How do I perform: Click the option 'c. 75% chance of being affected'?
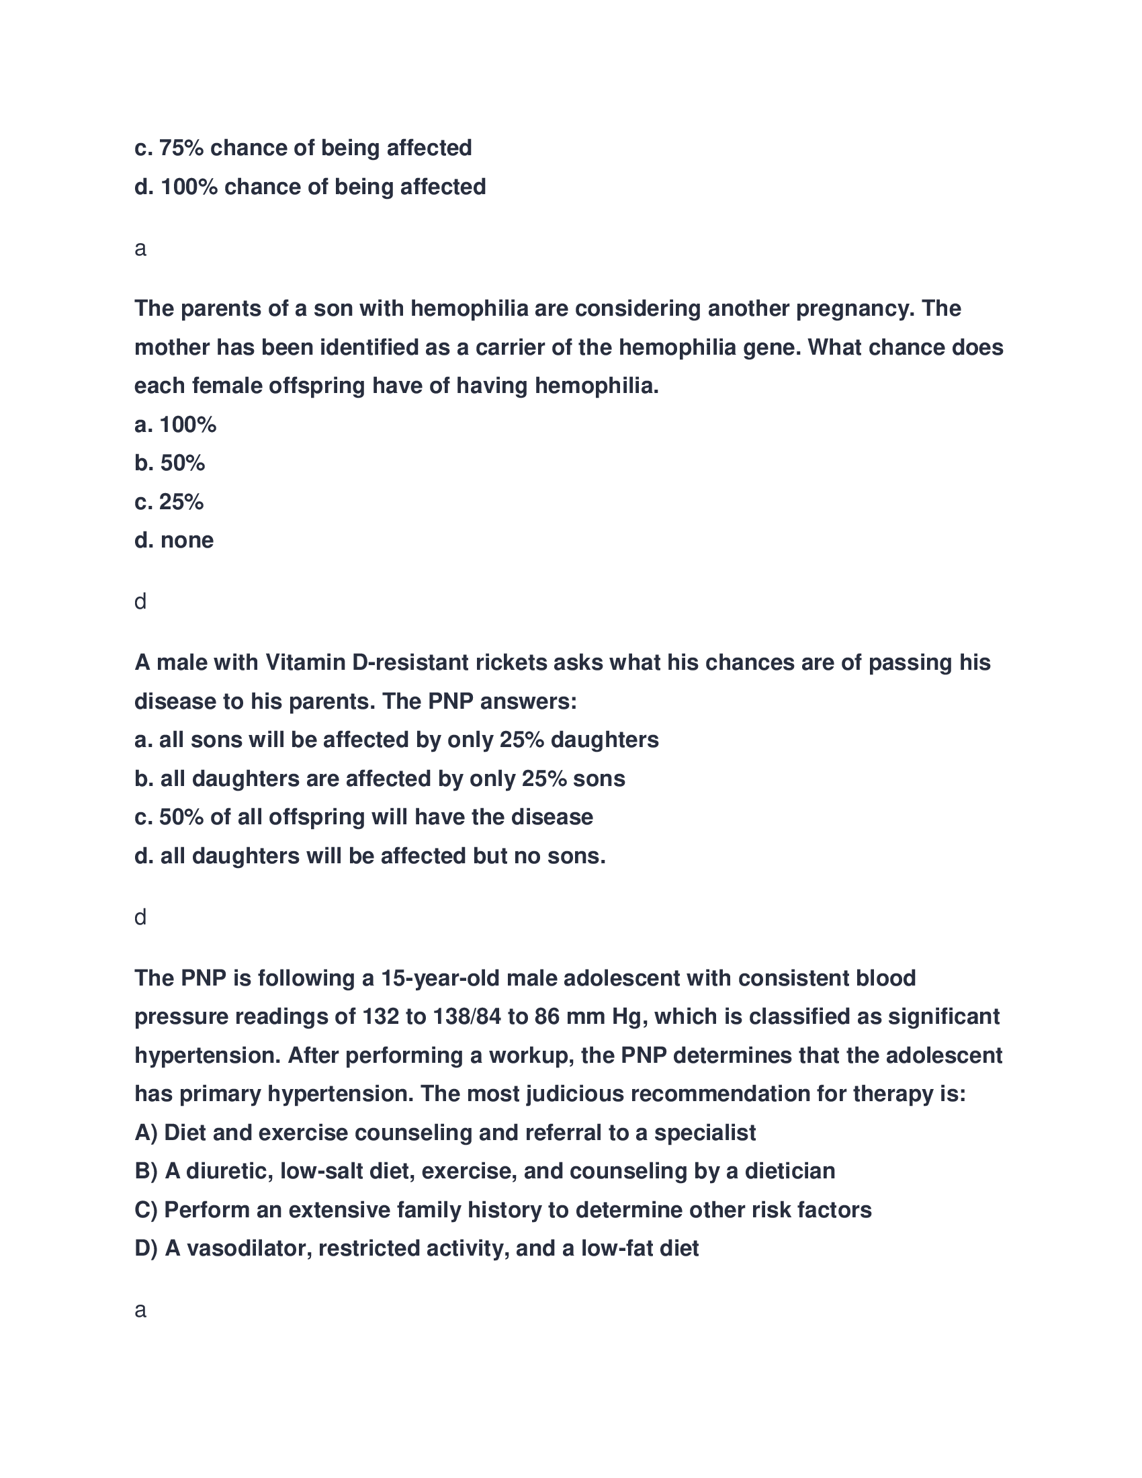pyautogui.click(x=302, y=148)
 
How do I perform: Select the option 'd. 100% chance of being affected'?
pyautogui.click(x=310, y=187)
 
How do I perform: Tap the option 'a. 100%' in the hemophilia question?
pyautogui.click(x=175, y=425)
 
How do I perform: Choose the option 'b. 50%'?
pyautogui.click(x=170, y=464)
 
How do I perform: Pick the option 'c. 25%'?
pyautogui.click(x=169, y=502)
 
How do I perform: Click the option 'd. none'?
pyautogui.click(x=174, y=541)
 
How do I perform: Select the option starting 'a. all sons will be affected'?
pyautogui.click(x=396, y=740)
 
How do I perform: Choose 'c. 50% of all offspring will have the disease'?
pyautogui.click(x=363, y=818)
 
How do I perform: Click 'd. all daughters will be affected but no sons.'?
pyautogui.click(x=369, y=857)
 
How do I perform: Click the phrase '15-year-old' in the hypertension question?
pyautogui.click(x=440, y=979)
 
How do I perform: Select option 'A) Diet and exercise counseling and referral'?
pyautogui.click(x=445, y=1133)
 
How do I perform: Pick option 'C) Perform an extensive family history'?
pyautogui.click(x=502, y=1211)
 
